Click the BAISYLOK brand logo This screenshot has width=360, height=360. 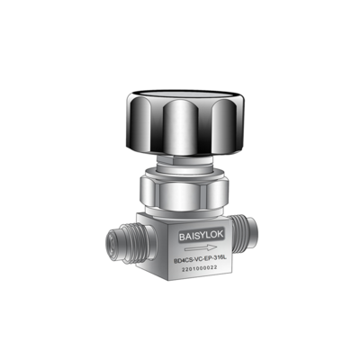click(x=202, y=236)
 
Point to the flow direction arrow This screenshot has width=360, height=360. click(x=201, y=247)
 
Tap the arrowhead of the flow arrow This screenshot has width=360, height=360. click(x=213, y=247)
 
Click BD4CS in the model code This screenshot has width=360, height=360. click(x=183, y=261)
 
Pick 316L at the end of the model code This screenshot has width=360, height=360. click(x=219, y=258)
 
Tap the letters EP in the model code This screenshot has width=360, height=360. click(x=207, y=259)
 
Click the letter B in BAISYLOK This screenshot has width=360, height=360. click(x=182, y=237)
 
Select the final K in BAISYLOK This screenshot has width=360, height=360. click(x=220, y=235)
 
